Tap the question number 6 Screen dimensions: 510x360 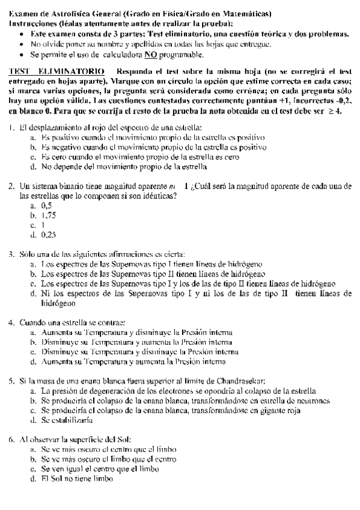(11, 440)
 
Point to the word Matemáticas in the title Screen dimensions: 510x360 (244, 13)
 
